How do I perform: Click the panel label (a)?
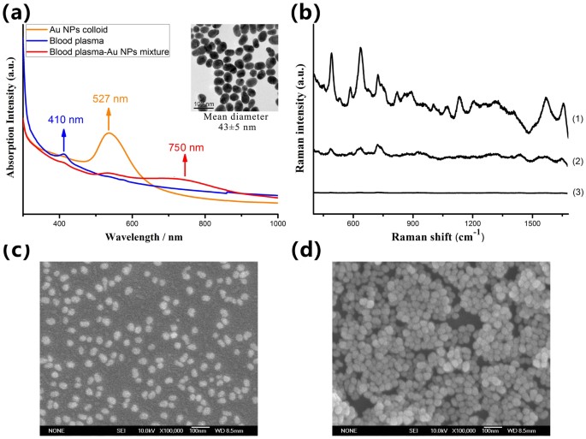pos(19,11)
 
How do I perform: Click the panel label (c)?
pos(19,251)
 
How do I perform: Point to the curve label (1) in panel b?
pos(577,119)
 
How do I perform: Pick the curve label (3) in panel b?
pos(577,193)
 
